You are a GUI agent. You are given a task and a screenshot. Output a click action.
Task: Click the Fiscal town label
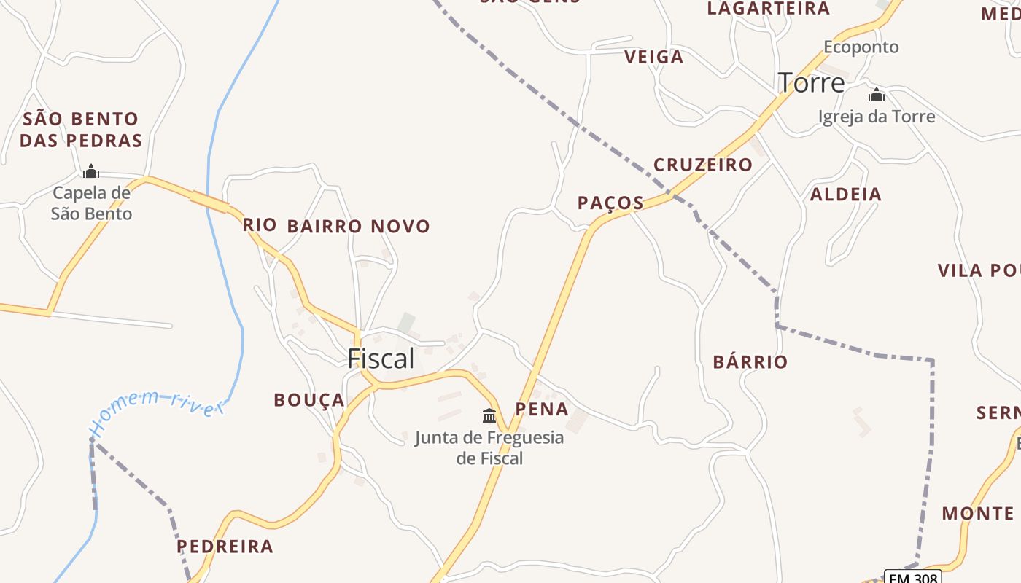pos(381,359)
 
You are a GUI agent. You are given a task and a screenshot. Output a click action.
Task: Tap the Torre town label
pos(811,82)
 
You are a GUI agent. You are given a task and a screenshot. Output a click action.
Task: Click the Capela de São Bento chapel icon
pos(91,171)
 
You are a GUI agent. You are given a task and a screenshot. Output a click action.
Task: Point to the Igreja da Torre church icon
pos(877,95)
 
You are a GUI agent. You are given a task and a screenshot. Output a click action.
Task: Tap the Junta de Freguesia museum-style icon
pos(489,415)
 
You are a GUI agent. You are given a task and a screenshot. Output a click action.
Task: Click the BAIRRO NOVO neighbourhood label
pos(358,227)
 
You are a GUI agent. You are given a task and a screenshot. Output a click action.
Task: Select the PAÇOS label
pos(610,203)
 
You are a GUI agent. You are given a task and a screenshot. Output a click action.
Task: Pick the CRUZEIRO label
pos(702,165)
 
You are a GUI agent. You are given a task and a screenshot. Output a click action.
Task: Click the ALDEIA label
pos(845,195)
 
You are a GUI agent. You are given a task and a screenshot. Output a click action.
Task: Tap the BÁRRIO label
pos(750,362)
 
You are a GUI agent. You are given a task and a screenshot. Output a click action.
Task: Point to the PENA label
pos(542,409)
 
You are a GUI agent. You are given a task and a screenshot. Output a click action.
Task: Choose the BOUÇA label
pos(308,400)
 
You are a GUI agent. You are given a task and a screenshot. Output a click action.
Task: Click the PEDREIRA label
pos(225,546)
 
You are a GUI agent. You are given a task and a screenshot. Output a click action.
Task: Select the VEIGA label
pos(653,57)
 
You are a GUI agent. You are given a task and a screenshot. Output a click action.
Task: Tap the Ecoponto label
pos(861,47)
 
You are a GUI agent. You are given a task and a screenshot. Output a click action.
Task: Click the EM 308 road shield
pos(912,577)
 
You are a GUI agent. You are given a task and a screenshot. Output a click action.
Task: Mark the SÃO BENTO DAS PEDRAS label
pos(80,130)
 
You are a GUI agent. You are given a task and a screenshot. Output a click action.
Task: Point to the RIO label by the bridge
pos(260,224)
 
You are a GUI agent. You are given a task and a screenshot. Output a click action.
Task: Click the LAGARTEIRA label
pos(768,9)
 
